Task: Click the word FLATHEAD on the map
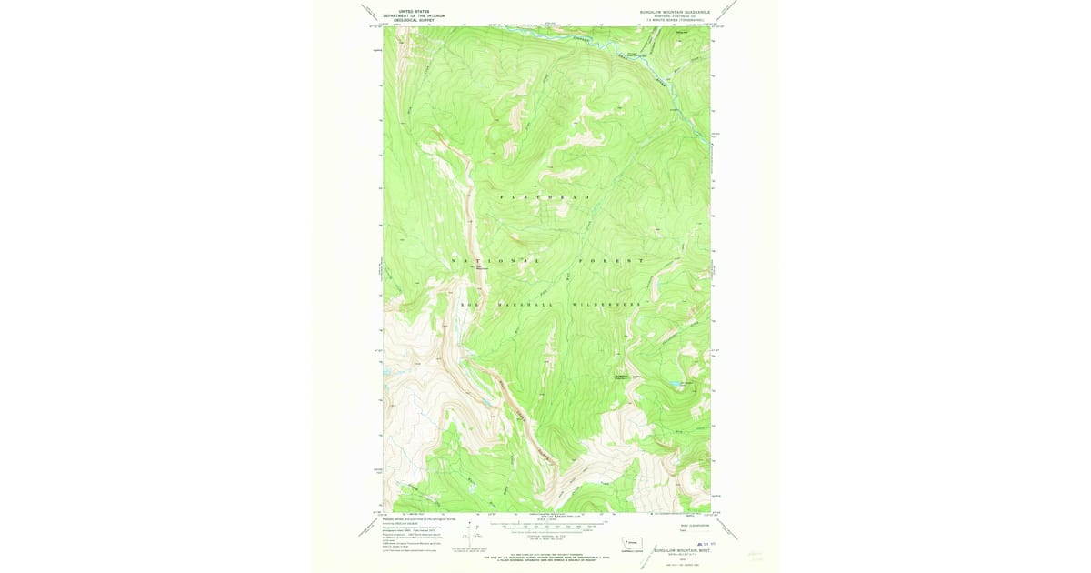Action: coord(545,197)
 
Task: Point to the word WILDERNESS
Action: coord(607,304)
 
